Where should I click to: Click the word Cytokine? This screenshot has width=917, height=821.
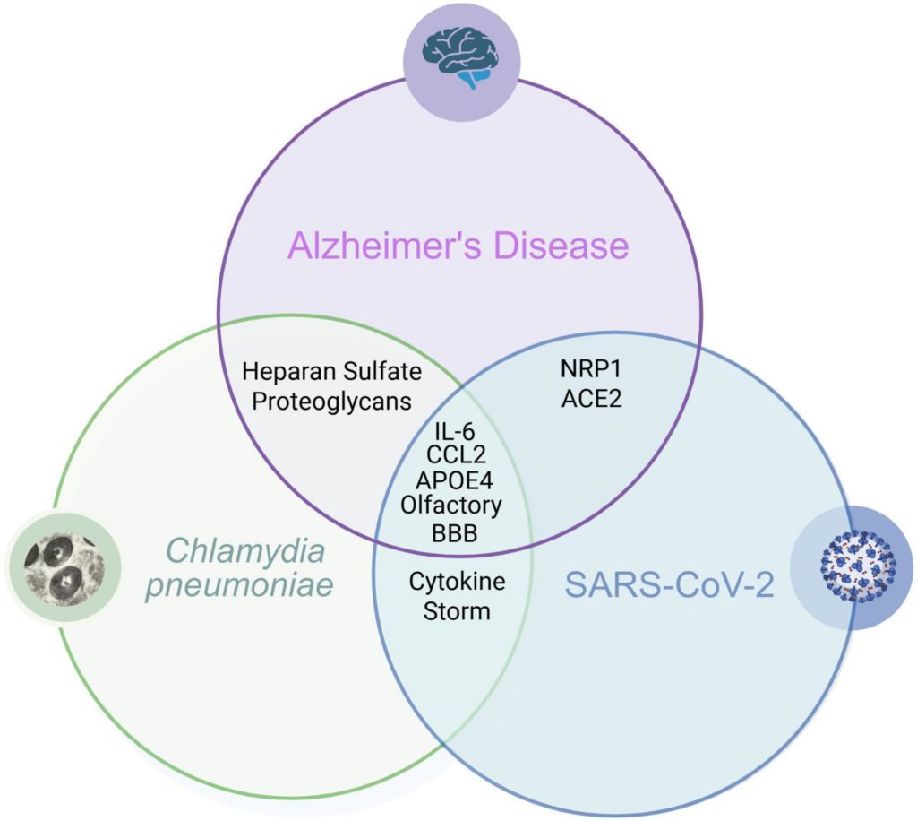(457, 581)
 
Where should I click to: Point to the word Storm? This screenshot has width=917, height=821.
(457, 611)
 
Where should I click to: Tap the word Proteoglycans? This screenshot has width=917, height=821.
(331, 400)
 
